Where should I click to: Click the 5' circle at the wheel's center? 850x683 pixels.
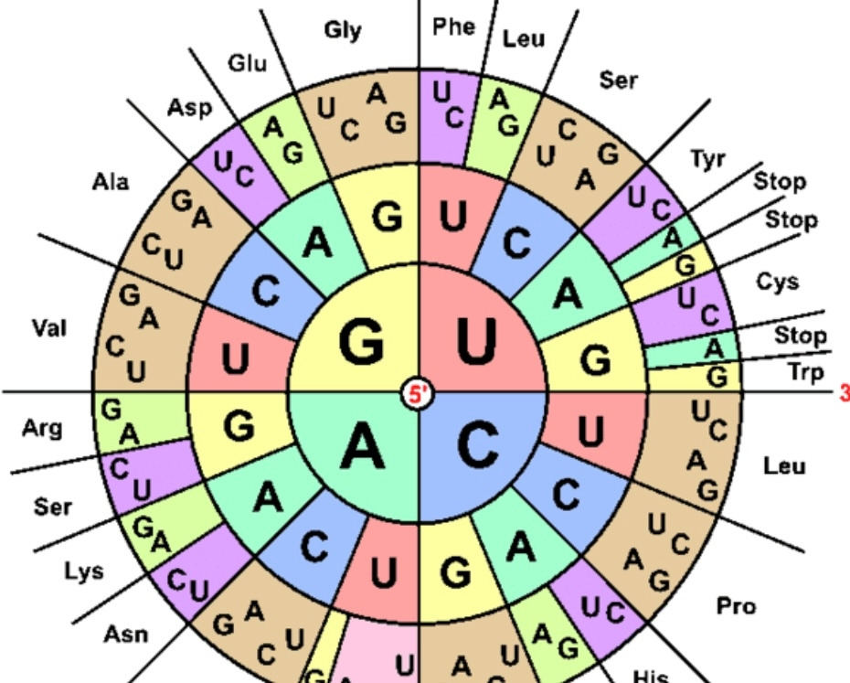pos(419,394)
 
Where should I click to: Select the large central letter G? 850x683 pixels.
pos(362,343)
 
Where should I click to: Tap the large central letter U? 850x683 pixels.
pos(475,342)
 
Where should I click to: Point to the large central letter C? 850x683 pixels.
pos(477,446)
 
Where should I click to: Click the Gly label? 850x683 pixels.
pos(343,30)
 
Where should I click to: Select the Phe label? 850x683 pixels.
pos(454,27)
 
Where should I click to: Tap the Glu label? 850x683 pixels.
pos(248,63)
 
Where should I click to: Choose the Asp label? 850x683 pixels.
pos(189,107)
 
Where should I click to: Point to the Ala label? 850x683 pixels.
pos(111,182)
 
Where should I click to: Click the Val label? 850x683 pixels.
pos(49,326)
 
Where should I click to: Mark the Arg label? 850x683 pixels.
pos(42,427)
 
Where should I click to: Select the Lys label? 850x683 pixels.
pos(83,572)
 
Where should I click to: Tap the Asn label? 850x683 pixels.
pos(126,633)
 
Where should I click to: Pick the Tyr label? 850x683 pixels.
pos(707,159)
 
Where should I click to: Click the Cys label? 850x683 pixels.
pos(778,281)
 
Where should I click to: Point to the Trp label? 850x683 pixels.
pos(805,372)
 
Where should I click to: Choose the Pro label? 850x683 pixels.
pos(736,605)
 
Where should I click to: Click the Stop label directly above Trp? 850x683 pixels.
pos(801,336)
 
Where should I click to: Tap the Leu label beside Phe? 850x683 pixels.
pos(524,38)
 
